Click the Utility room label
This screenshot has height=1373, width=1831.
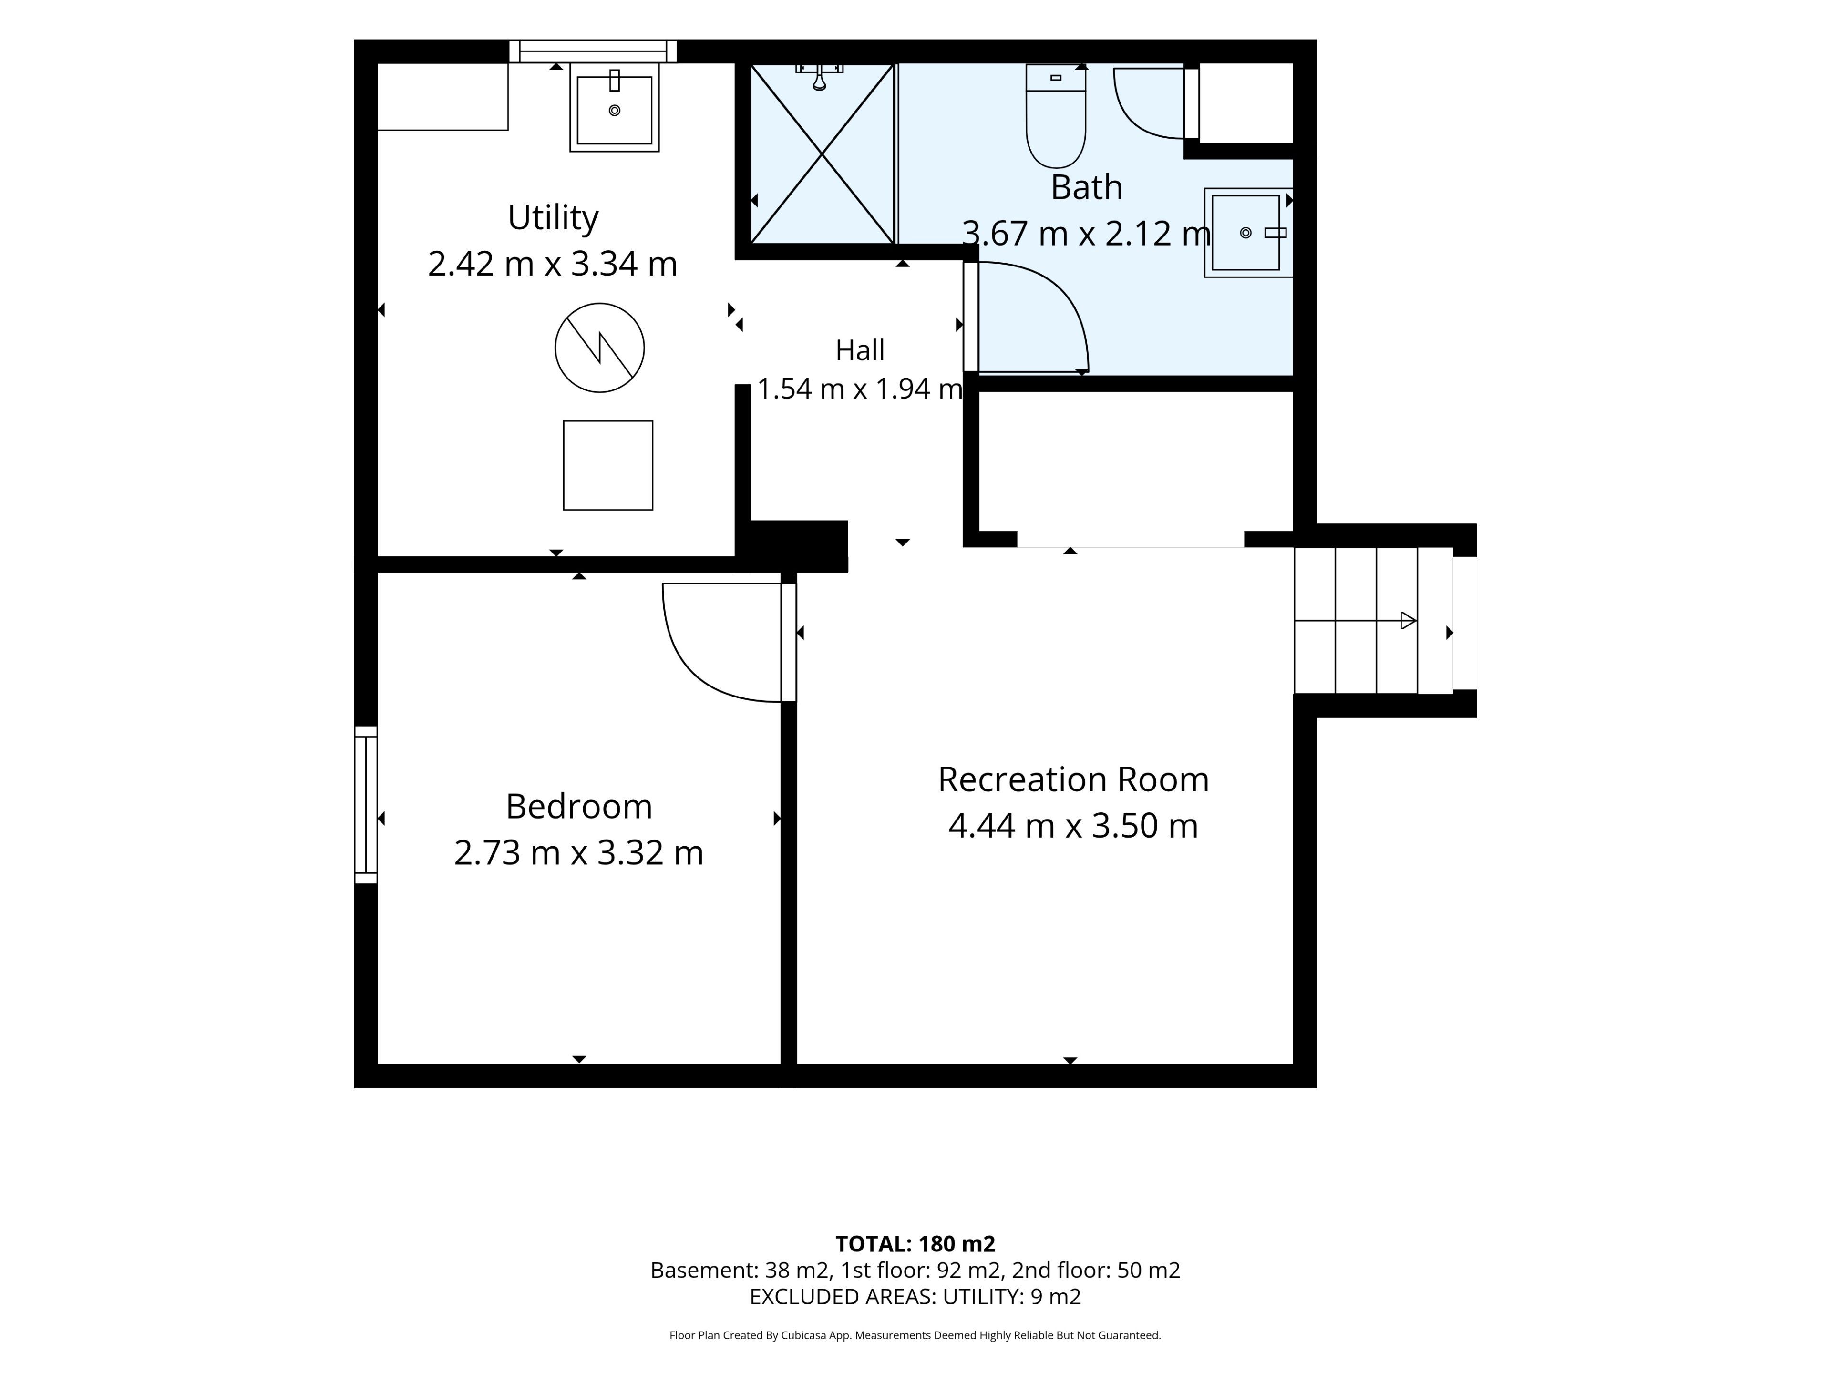tap(553, 218)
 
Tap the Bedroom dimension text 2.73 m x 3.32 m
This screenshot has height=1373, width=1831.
tap(578, 852)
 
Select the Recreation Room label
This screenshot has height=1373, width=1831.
tap(1073, 779)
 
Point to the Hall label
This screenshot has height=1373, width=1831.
tap(860, 350)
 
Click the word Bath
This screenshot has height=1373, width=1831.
tap(1086, 188)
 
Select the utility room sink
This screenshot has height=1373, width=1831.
tap(614, 108)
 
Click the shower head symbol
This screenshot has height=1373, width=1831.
tap(820, 76)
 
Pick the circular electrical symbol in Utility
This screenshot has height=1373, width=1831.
tap(599, 348)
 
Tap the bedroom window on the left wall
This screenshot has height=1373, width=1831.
tap(366, 804)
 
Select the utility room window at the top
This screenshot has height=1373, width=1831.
tap(593, 51)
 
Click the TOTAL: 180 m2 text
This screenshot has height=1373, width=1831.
tap(915, 1244)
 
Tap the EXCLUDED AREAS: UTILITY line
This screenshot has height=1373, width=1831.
tap(915, 1297)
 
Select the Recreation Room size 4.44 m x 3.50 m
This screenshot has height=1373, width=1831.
tap(1073, 826)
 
